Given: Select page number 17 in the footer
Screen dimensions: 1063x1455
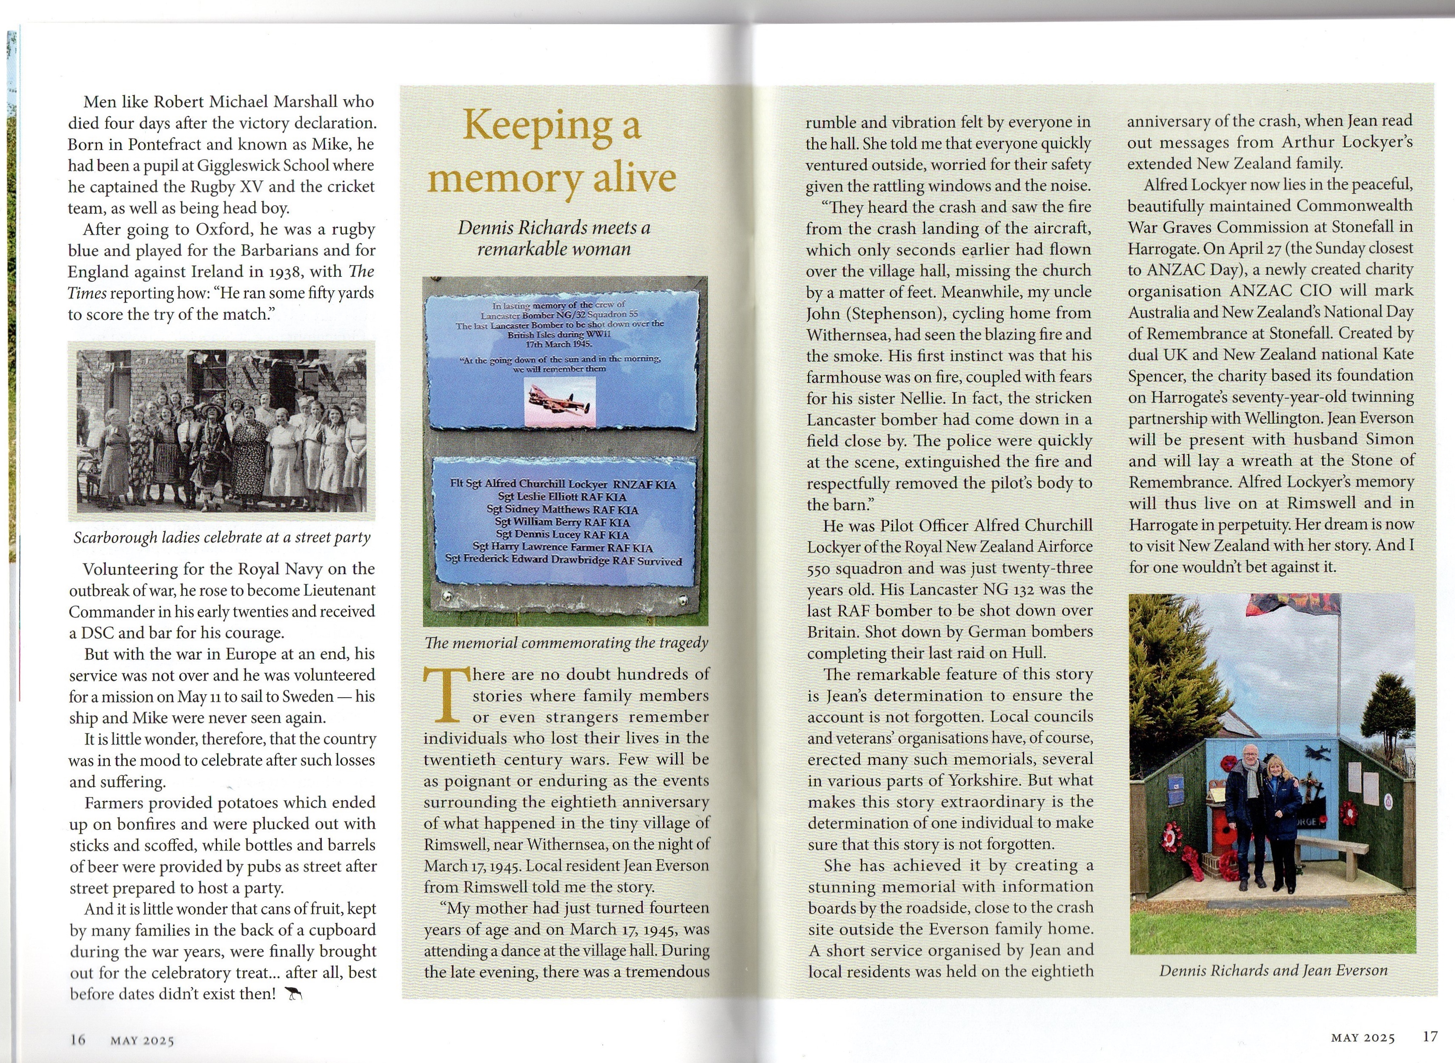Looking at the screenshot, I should (1430, 1037).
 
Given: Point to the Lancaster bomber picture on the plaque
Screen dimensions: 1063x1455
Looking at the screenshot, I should (559, 403).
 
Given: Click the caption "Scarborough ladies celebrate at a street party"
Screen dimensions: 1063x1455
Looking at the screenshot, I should (222, 537).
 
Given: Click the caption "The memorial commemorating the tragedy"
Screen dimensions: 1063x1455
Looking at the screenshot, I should (566, 643).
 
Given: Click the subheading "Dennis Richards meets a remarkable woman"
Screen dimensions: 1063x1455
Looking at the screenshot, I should (554, 238).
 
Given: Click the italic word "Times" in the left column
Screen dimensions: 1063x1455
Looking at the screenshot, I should (88, 293).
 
